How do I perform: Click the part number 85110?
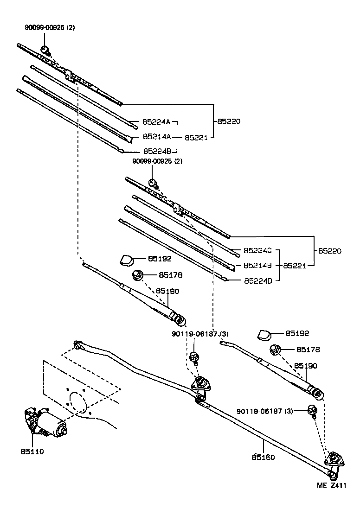pos(32,451)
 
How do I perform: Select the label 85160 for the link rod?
pos(264,457)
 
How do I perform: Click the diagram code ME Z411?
pos(332,485)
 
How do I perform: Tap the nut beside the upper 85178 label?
pos(137,275)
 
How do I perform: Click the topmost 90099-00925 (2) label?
pos(50,27)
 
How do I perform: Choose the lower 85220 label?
pos(329,251)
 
